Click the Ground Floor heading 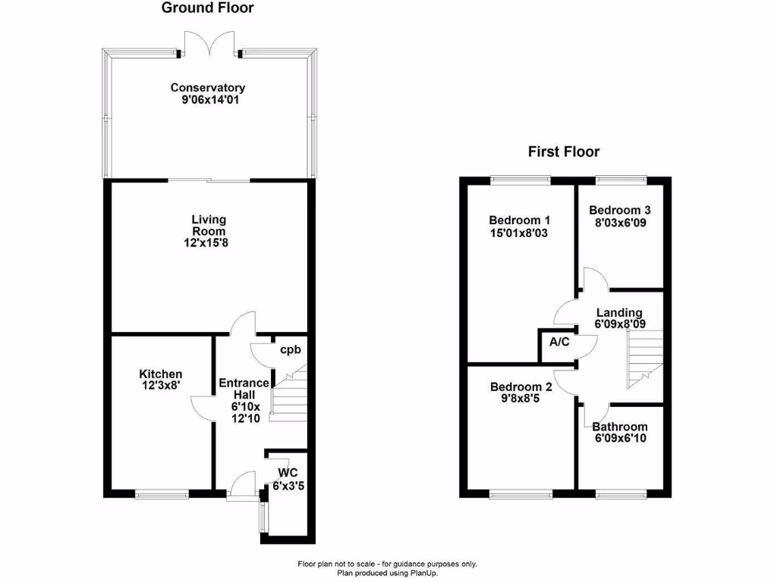pos(207,8)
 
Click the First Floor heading pos(564,152)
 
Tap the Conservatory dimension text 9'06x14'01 pos(209,99)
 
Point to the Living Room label pos(208,225)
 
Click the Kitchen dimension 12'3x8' pos(161,386)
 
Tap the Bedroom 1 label pos(519,221)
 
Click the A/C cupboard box pos(558,343)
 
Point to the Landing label pos(618,312)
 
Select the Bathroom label pos(620,427)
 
